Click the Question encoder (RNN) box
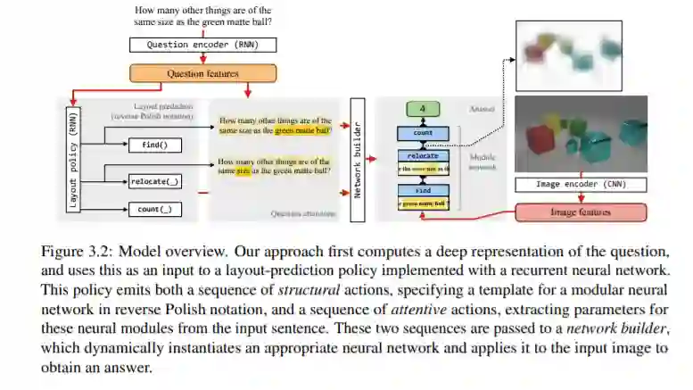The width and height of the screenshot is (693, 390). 204,44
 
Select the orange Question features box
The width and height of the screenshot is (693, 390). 203,73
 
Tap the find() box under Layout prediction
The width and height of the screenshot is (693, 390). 155,145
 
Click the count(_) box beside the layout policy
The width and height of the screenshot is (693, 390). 155,210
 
